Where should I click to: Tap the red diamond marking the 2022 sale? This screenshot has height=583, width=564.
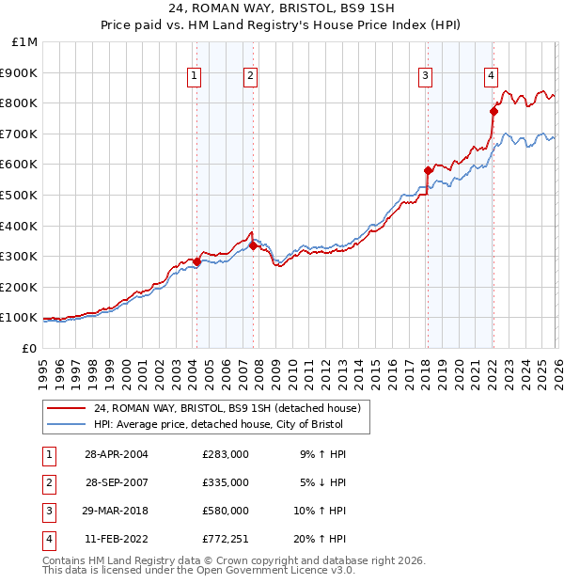[x=493, y=111]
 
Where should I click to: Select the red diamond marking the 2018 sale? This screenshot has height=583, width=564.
[x=428, y=170]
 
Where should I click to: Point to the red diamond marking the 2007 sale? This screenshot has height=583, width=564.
[x=253, y=245]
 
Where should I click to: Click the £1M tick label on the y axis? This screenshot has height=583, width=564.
[x=25, y=41]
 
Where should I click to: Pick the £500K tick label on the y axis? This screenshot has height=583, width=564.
[x=20, y=195]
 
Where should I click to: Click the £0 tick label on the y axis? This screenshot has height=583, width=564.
[x=28, y=348]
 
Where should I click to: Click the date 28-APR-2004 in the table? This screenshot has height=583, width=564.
[x=117, y=453]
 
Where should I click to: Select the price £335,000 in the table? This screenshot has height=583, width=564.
[x=226, y=482]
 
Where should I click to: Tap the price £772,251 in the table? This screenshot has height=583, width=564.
[x=226, y=539]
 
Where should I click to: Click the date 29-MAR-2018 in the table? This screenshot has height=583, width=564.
[x=117, y=511]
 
